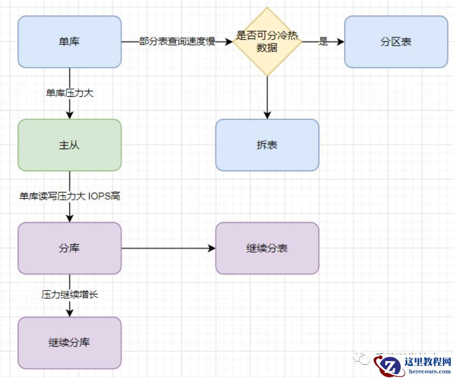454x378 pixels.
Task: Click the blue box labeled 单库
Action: (69, 42)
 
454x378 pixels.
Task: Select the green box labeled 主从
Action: (69, 145)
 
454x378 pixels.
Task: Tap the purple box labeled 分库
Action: (69, 248)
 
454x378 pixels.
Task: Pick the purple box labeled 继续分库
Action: (69, 343)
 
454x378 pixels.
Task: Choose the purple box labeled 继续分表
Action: (267, 248)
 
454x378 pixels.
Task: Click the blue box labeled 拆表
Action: (267, 145)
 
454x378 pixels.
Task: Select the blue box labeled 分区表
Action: (396, 42)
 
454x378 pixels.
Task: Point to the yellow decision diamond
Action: (267, 42)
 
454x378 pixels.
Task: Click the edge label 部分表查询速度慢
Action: (177, 42)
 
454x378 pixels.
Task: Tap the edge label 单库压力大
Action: (69, 93)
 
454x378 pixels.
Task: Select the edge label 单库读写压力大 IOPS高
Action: (69, 196)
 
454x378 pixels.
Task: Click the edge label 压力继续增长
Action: (69, 294)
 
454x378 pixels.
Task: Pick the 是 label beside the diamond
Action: (323, 42)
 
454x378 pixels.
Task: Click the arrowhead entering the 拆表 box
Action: (267, 115)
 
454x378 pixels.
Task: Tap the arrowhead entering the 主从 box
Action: (69, 115)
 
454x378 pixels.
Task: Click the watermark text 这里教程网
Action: (427, 361)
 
